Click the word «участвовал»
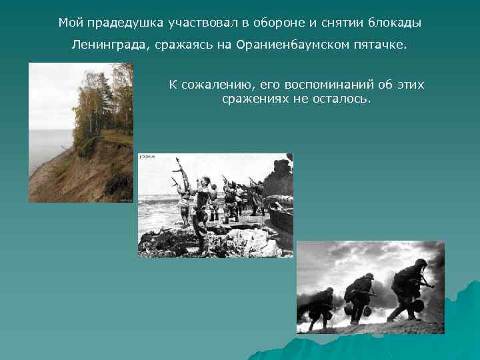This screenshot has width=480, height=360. tap(197, 23)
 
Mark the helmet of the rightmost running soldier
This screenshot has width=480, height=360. tap(421, 263)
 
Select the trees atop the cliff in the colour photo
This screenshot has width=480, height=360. tap(100, 100)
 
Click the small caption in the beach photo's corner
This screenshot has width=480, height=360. tap(147, 157)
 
